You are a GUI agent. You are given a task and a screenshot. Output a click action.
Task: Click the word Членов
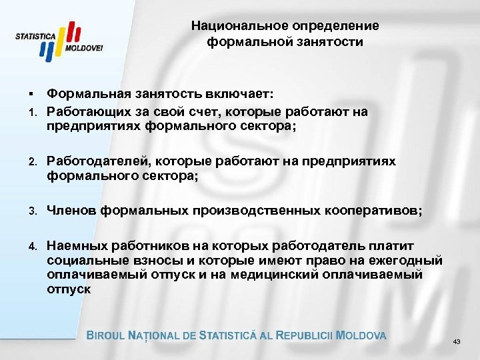coord(71,211)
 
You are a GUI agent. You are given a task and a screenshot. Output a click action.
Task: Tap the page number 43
coord(457,341)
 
